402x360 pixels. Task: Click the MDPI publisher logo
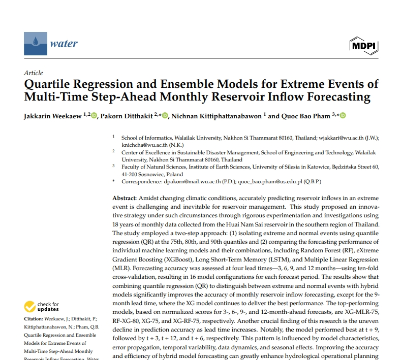coord(363,46)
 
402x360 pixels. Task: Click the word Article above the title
coord(34,73)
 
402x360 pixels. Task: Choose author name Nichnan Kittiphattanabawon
coord(215,116)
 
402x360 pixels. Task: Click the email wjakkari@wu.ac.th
coord(339,138)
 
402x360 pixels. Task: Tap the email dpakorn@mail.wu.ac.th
coord(191,181)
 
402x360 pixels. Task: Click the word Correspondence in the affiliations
coord(142,181)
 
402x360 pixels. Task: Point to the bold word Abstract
coord(125,198)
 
